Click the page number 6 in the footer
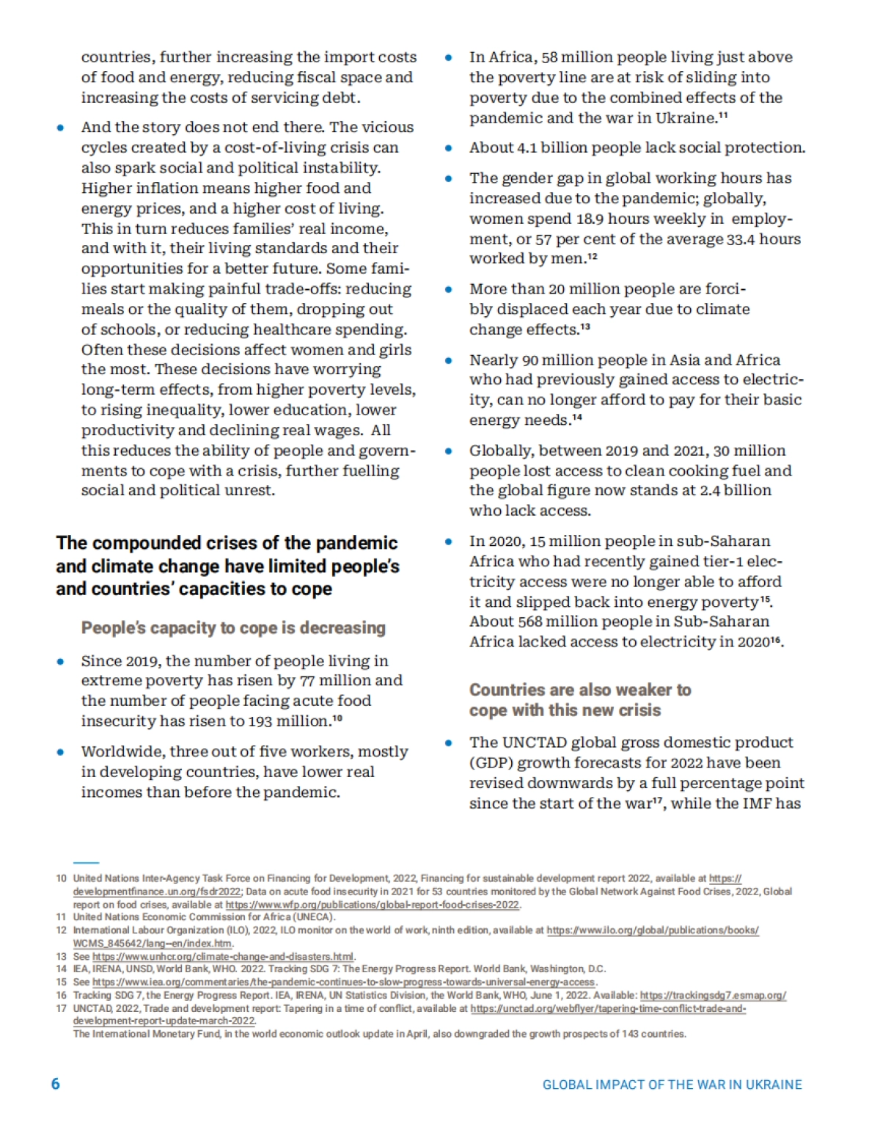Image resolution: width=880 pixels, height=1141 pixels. coord(55,1084)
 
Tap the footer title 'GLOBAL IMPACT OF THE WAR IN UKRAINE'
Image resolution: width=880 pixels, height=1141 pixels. coord(672,1085)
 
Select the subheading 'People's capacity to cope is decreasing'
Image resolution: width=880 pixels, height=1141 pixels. coord(233,628)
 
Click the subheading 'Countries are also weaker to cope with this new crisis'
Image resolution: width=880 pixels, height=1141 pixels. coord(579,700)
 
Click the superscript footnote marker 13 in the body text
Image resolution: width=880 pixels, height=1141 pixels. coord(585,326)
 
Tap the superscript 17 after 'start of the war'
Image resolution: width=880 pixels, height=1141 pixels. coord(658,799)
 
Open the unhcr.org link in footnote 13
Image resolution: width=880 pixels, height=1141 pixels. coord(223,956)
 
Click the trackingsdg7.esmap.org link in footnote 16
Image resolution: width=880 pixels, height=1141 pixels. coord(713,996)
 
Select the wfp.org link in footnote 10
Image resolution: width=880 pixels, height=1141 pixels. coord(373,905)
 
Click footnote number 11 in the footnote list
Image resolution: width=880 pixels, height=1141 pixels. coord(61,917)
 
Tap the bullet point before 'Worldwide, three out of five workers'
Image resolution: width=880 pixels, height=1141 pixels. coord(61,752)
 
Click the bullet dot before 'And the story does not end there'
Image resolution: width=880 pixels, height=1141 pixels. coord(61,128)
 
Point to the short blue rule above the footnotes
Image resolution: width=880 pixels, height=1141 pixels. coord(86,863)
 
